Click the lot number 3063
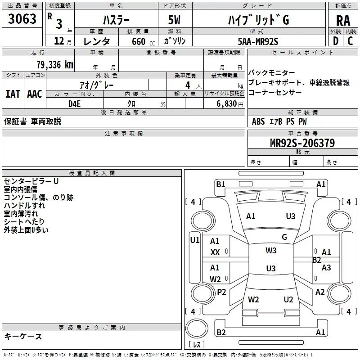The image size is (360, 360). coord(22,19)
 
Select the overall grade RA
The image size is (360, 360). coord(343,20)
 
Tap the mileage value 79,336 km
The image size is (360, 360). coord(54,64)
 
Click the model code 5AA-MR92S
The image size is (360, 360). coord(258,41)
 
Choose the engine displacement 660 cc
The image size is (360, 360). coord(138,41)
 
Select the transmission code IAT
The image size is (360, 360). coord(13,94)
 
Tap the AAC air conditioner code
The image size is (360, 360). coord(34,94)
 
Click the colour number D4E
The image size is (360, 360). coord(74,103)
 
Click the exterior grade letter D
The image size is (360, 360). coord(335,41)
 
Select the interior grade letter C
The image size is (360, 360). coord(351,41)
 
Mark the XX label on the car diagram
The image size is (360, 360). coord(215,252)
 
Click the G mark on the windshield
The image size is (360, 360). coord(284,237)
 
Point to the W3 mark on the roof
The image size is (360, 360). coord(271,251)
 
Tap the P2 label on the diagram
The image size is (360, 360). coord(221,292)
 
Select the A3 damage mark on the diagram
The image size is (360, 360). coord(326,268)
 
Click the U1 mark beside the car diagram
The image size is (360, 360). coord(194,240)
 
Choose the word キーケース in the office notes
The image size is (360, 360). coord(23,336)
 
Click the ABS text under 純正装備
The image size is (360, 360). coord(258,121)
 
